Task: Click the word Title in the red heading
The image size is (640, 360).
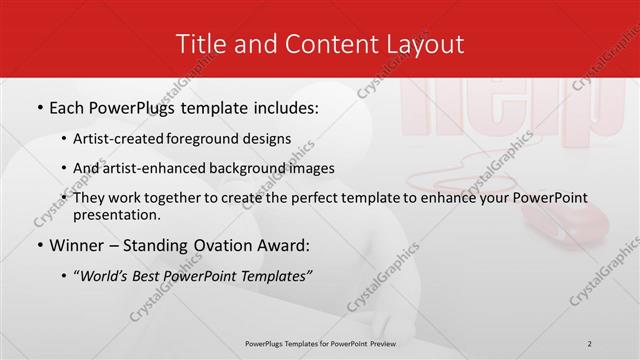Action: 199,44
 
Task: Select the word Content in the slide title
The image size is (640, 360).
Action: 321,44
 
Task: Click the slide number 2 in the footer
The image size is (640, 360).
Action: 590,344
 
